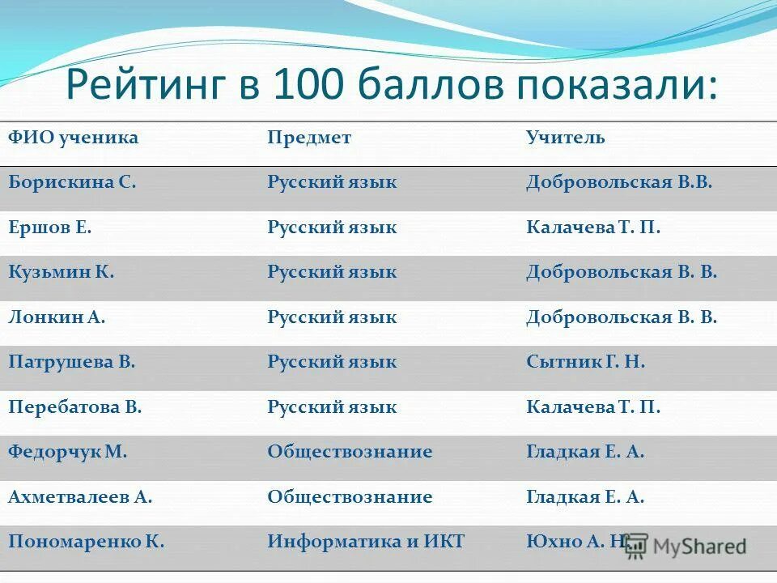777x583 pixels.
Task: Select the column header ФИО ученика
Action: click(74, 138)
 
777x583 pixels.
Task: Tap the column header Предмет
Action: click(309, 138)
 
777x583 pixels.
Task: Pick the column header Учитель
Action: click(565, 138)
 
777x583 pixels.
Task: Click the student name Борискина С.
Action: click(72, 182)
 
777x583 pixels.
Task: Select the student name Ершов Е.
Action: click(50, 228)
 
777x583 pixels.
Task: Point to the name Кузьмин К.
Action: click(62, 272)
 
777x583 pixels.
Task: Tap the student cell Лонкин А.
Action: click(57, 317)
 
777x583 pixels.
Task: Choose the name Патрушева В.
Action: click(72, 362)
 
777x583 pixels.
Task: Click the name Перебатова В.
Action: click(75, 407)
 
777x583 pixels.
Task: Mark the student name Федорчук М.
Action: click(68, 452)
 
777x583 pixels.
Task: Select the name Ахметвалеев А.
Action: click(80, 497)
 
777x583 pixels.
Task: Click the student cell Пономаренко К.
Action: click(87, 542)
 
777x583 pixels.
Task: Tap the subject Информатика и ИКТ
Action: click(366, 542)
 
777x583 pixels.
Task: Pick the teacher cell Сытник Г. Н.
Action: click(585, 362)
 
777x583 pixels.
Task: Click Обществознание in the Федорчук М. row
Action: click(350, 452)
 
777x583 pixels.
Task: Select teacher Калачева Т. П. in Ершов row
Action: click(593, 228)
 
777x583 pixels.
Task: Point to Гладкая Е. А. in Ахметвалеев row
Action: click(585, 497)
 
